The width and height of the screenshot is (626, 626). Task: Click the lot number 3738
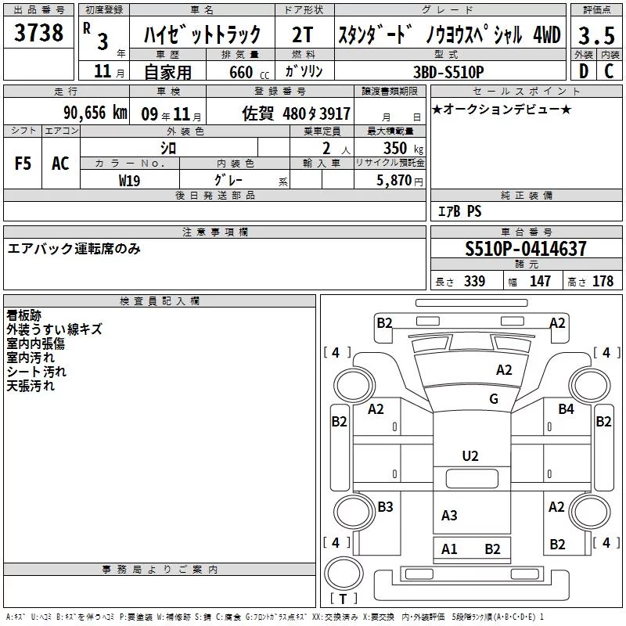coord(38,32)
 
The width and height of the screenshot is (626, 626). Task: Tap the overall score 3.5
coord(596,35)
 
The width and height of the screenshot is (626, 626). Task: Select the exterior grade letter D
coord(583,71)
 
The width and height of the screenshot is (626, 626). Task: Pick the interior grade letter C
coord(609,71)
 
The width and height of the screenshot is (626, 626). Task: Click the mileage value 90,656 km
coord(95,113)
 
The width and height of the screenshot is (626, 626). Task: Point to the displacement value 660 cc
coord(249,72)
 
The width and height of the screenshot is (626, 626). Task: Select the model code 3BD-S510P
coord(448,72)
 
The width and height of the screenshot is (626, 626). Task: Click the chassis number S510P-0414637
coord(526,248)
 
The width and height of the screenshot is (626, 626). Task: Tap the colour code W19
coord(129,181)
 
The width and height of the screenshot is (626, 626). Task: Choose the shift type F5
coord(23,164)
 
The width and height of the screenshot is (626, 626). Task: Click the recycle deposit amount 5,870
coord(394,180)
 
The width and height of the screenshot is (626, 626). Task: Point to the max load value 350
coord(395,148)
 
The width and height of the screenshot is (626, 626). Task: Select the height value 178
coord(603,281)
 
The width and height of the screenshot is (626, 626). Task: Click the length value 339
coord(474,281)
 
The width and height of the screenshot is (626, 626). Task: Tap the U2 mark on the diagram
coord(470,456)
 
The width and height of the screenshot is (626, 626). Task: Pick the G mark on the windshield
coord(494,398)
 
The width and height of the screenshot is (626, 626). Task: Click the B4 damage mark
coord(566,408)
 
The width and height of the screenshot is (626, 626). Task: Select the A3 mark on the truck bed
coord(449,515)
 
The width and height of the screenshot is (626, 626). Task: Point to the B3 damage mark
coord(385,506)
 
